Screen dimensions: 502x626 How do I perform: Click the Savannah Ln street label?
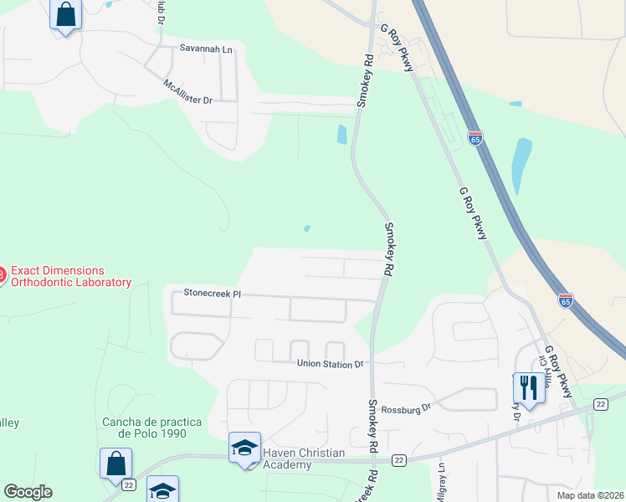pyautogui.click(x=206, y=49)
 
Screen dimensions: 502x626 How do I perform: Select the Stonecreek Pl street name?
pyautogui.click(x=213, y=294)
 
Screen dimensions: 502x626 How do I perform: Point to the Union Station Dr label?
pyautogui.click(x=331, y=364)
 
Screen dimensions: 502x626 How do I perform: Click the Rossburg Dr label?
pyautogui.click(x=405, y=408)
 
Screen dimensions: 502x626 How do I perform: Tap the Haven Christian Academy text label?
pyautogui.click(x=303, y=458)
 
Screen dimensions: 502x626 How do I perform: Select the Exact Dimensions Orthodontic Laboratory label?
pyautogui.click(x=70, y=276)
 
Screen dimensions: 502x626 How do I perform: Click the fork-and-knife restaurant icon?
pyautogui.click(x=528, y=387)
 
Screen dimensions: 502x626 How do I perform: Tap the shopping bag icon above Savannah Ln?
pyautogui.click(x=65, y=14)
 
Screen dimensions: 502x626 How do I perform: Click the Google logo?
pyautogui.click(x=28, y=492)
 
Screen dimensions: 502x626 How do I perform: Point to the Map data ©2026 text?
pyautogui.click(x=590, y=495)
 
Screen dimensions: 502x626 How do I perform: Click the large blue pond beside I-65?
pyautogui.click(x=521, y=165)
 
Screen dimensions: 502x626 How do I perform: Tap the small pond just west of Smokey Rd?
pyautogui.click(x=341, y=134)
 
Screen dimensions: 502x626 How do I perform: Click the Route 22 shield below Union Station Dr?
pyautogui.click(x=398, y=460)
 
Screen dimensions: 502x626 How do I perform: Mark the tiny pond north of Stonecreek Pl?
pyautogui.click(x=307, y=228)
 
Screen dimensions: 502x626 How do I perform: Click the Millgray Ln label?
pyautogui.click(x=441, y=484)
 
